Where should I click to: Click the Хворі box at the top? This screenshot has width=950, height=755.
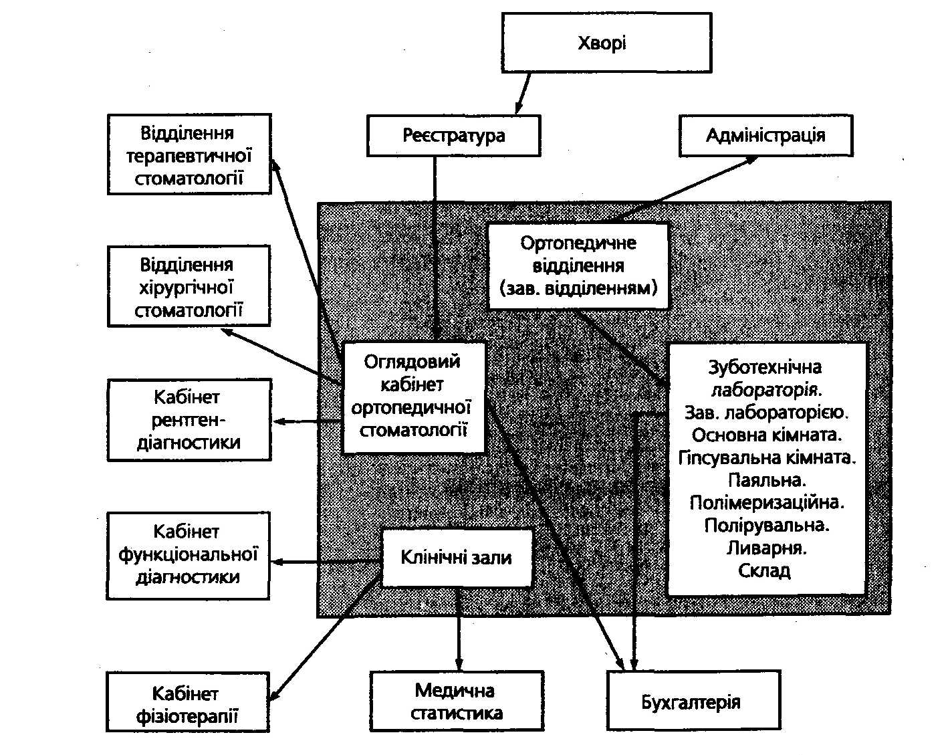[606, 43]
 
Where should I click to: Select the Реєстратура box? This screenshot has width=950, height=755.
[453, 136]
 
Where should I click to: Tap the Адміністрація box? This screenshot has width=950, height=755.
[765, 136]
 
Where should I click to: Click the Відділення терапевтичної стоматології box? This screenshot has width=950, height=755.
[189, 154]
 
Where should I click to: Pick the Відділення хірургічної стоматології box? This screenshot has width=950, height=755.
[189, 286]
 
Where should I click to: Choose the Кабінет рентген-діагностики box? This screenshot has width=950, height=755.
[189, 420]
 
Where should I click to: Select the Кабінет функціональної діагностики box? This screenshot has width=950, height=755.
[188, 555]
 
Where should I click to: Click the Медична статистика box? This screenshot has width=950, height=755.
[457, 701]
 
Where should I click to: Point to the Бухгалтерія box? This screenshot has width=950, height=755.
[693, 702]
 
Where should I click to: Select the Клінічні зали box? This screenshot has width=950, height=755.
[457, 558]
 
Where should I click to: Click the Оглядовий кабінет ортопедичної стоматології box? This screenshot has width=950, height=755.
[413, 396]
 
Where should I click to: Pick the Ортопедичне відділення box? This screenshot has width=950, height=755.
[578, 265]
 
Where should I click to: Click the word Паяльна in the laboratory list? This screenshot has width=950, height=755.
[767, 479]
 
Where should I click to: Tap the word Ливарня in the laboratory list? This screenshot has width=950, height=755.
[767, 548]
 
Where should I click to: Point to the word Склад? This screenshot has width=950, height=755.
[765, 571]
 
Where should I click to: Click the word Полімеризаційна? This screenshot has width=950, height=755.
[767, 502]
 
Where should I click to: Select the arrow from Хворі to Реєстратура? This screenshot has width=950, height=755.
[522, 94]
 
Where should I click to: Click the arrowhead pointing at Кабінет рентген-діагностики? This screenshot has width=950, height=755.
[279, 421]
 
